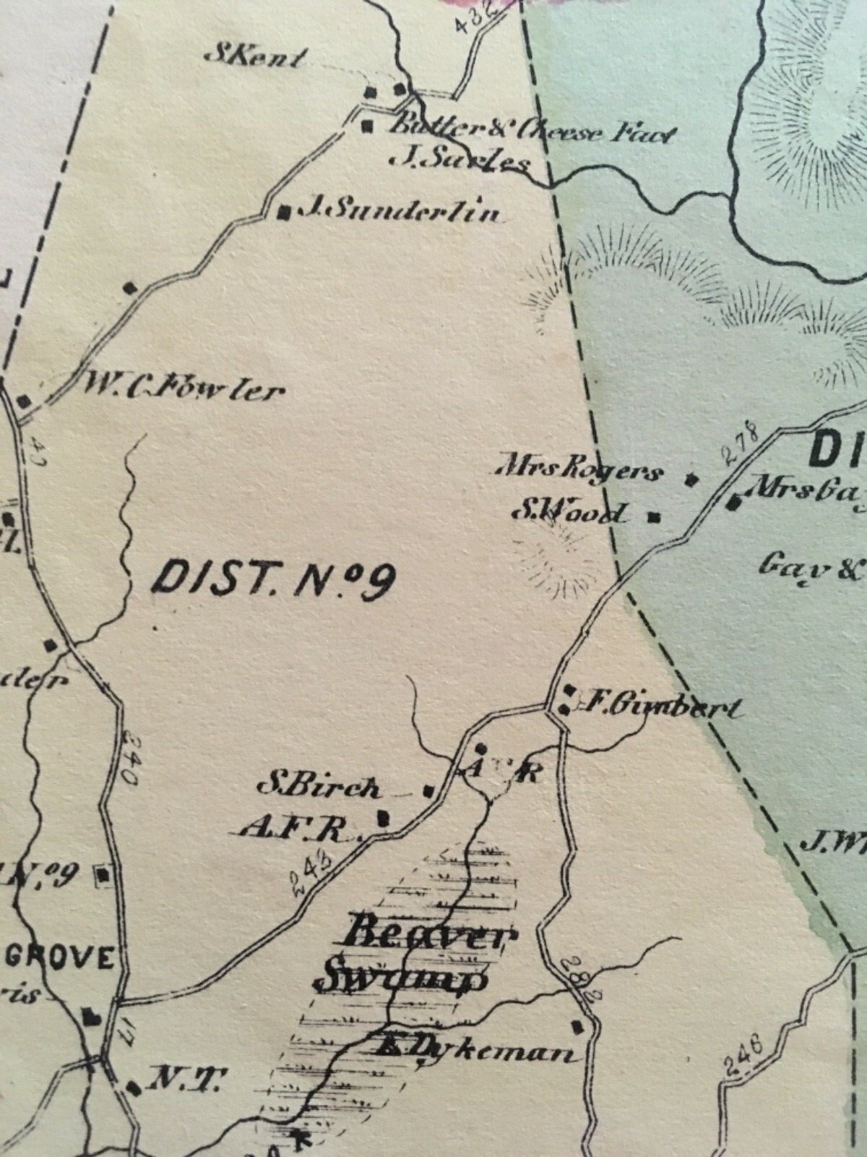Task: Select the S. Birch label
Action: point(319,785)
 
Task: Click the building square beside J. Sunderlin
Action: point(285,212)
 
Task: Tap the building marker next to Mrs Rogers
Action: point(690,478)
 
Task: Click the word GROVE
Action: point(61,959)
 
